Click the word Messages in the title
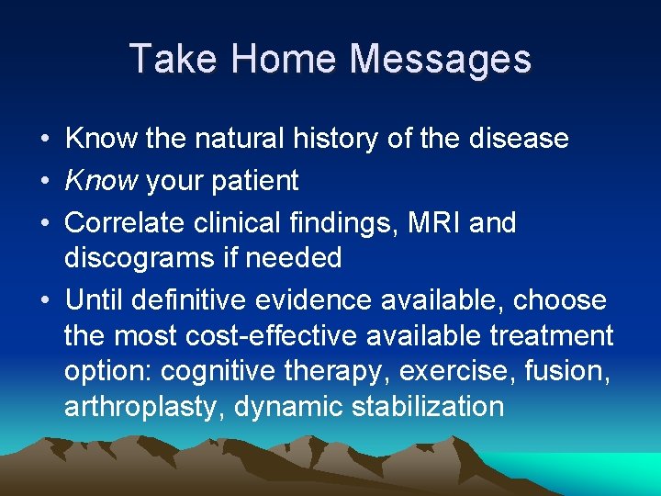coord(442,60)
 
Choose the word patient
coord(254,182)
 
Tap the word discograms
coord(134,258)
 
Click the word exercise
coord(448,372)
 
